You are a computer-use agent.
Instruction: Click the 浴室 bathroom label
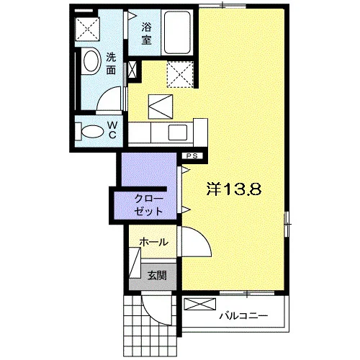(x=146, y=33)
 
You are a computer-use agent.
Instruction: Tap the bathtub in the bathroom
(x=178, y=32)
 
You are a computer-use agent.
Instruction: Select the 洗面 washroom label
(x=111, y=63)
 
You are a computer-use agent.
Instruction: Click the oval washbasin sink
(x=91, y=60)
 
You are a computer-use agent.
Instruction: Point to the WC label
(x=112, y=130)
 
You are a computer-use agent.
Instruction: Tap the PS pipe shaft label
(x=192, y=156)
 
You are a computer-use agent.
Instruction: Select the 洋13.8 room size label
(x=234, y=189)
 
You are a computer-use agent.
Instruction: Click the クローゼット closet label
(x=149, y=205)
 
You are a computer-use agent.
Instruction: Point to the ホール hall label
(x=154, y=242)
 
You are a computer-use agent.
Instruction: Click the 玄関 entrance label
(x=157, y=275)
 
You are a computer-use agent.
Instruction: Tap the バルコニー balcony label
(x=243, y=316)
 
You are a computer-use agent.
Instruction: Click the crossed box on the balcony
(x=199, y=304)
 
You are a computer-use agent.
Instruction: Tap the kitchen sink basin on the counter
(x=178, y=132)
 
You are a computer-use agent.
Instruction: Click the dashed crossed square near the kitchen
(x=180, y=74)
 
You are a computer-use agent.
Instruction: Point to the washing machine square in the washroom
(x=88, y=29)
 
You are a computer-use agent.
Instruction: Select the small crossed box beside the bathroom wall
(x=132, y=70)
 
